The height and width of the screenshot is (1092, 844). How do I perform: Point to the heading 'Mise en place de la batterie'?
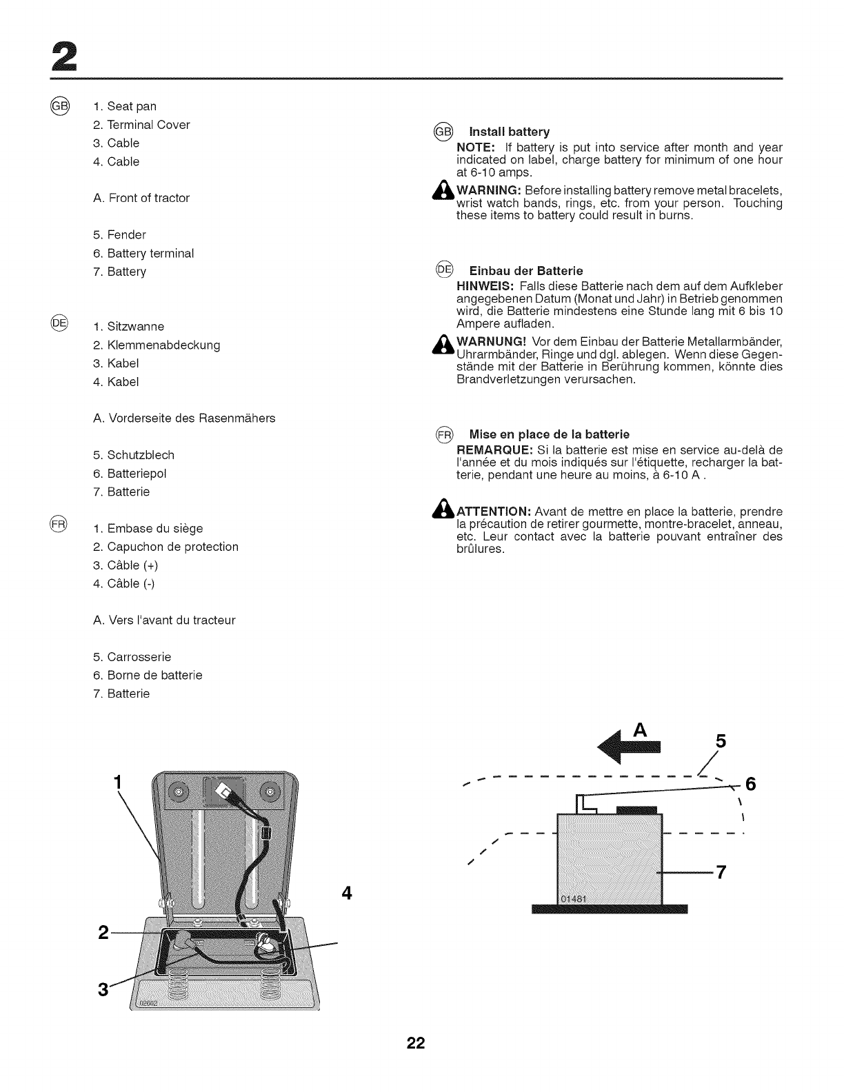549,434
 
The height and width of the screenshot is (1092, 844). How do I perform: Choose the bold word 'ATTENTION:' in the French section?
493,512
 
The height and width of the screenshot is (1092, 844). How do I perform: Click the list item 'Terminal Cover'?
148,125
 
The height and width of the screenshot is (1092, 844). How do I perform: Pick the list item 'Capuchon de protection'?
172,547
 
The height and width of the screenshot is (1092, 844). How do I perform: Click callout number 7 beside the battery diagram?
721,872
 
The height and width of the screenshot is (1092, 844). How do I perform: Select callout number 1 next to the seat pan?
118,782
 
